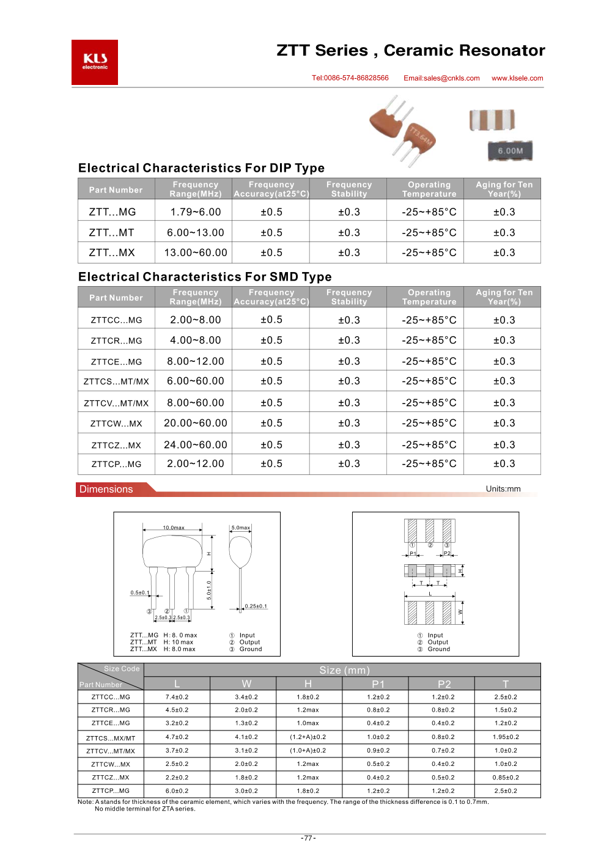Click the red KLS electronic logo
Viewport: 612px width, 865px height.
(x=95, y=62)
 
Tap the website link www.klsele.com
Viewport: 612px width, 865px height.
(x=517, y=78)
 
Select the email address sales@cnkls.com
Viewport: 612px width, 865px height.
(x=441, y=78)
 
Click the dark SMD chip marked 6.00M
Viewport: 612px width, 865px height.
(x=510, y=150)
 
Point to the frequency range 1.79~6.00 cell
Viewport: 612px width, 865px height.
(x=196, y=212)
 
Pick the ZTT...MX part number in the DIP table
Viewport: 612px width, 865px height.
(x=112, y=252)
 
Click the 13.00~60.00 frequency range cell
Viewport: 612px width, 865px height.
(x=196, y=252)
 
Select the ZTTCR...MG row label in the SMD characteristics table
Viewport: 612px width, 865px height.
(x=116, y=341)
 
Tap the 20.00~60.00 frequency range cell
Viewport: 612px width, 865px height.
(x=196, y=423)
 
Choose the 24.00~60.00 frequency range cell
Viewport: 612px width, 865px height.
(x=196, y=445)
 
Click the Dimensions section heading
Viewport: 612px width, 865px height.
(x=106, y=489)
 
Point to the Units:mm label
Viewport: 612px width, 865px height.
(x=503, y=489)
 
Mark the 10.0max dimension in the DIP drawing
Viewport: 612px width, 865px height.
(x=174, y=528)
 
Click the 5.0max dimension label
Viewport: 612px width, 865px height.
(x=240, y=528)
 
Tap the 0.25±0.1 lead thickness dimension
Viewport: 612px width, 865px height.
(x=256, y=606)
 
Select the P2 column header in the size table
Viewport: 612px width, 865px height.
(x=444, y=684)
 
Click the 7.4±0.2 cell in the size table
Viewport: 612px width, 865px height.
(x=177, y=697)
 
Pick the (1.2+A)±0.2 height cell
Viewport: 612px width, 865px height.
(x=308, y=737)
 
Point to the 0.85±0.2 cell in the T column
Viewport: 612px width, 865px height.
(x=506, y=778)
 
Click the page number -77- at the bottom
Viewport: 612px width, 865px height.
(x=308, y=838)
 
